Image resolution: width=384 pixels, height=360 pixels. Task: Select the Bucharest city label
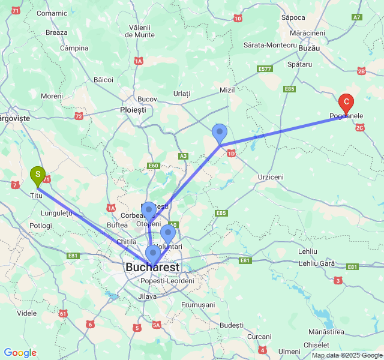coord(152,266)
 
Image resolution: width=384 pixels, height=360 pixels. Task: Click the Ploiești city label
coord(133,110)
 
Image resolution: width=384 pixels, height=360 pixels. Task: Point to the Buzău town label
coord(308,47)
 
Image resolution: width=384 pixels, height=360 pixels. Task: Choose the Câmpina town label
coord(74,48)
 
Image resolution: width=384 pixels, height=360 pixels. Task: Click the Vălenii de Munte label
coord(142,31)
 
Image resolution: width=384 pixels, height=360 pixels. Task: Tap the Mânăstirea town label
coord(326,332)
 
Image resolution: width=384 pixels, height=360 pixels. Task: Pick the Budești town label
coord(232,325)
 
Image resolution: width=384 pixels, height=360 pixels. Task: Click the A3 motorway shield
coord(183,156)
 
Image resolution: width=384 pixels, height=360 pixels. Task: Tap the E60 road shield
coord(153,166)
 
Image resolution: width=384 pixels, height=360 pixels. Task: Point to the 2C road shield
coord(360,127)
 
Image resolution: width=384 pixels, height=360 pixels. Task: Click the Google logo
coord(20,353)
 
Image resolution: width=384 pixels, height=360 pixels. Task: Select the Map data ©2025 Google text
coord(346,355)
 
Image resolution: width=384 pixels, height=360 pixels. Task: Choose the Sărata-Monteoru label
coord(270,45)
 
